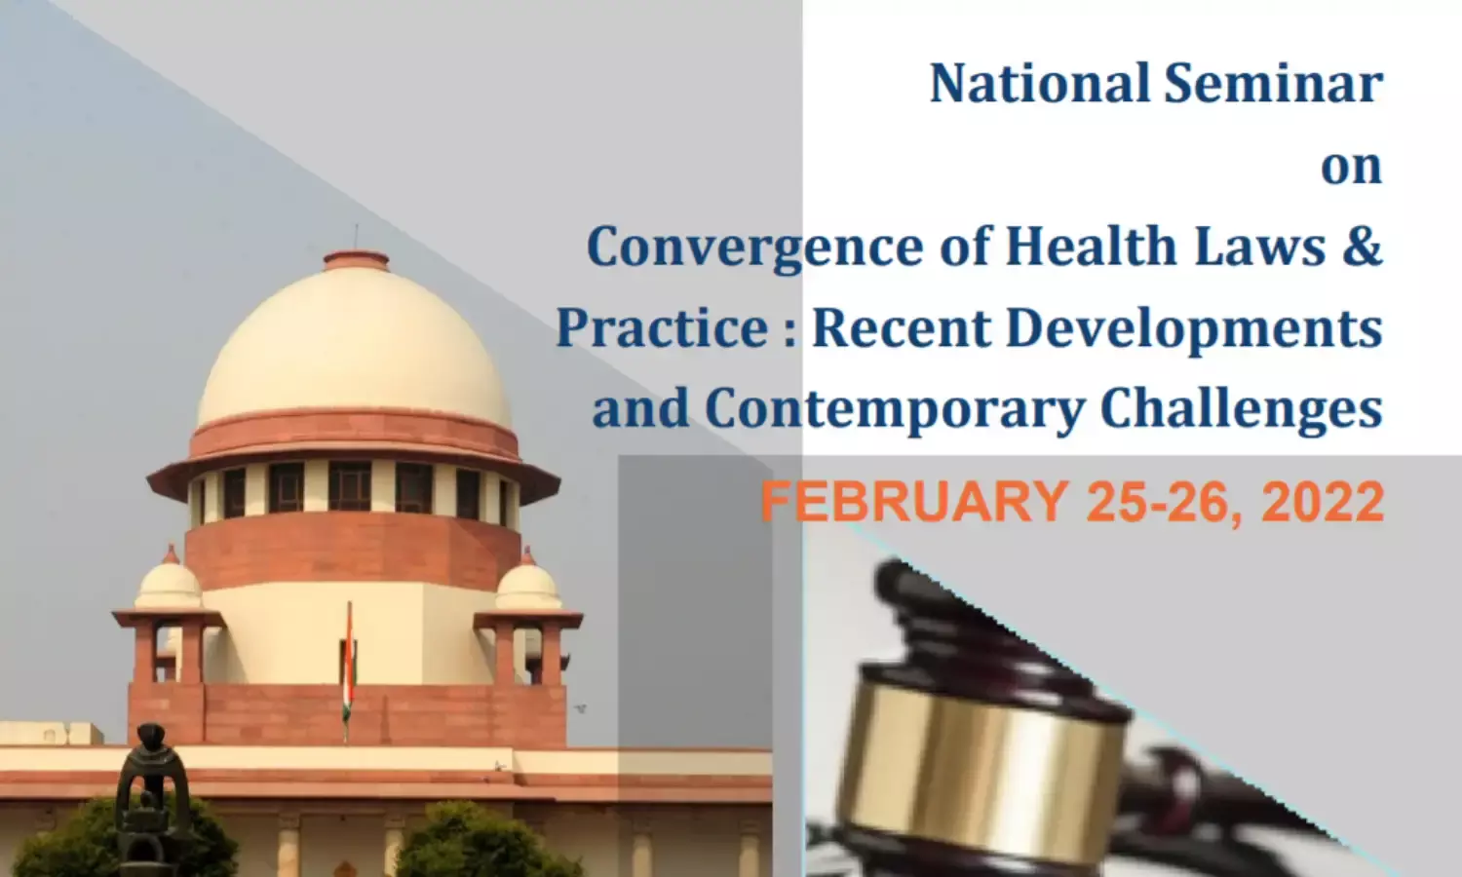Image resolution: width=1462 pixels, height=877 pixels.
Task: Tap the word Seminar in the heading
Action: tap(1273, 84)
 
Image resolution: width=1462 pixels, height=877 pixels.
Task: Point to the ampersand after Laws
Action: tap(1363, 246)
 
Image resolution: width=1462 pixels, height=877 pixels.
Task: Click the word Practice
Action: tap(662, 327)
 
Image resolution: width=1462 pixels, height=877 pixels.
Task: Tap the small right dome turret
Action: tap(527, 580)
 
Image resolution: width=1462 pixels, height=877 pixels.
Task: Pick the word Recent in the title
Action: tap(902, 327)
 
